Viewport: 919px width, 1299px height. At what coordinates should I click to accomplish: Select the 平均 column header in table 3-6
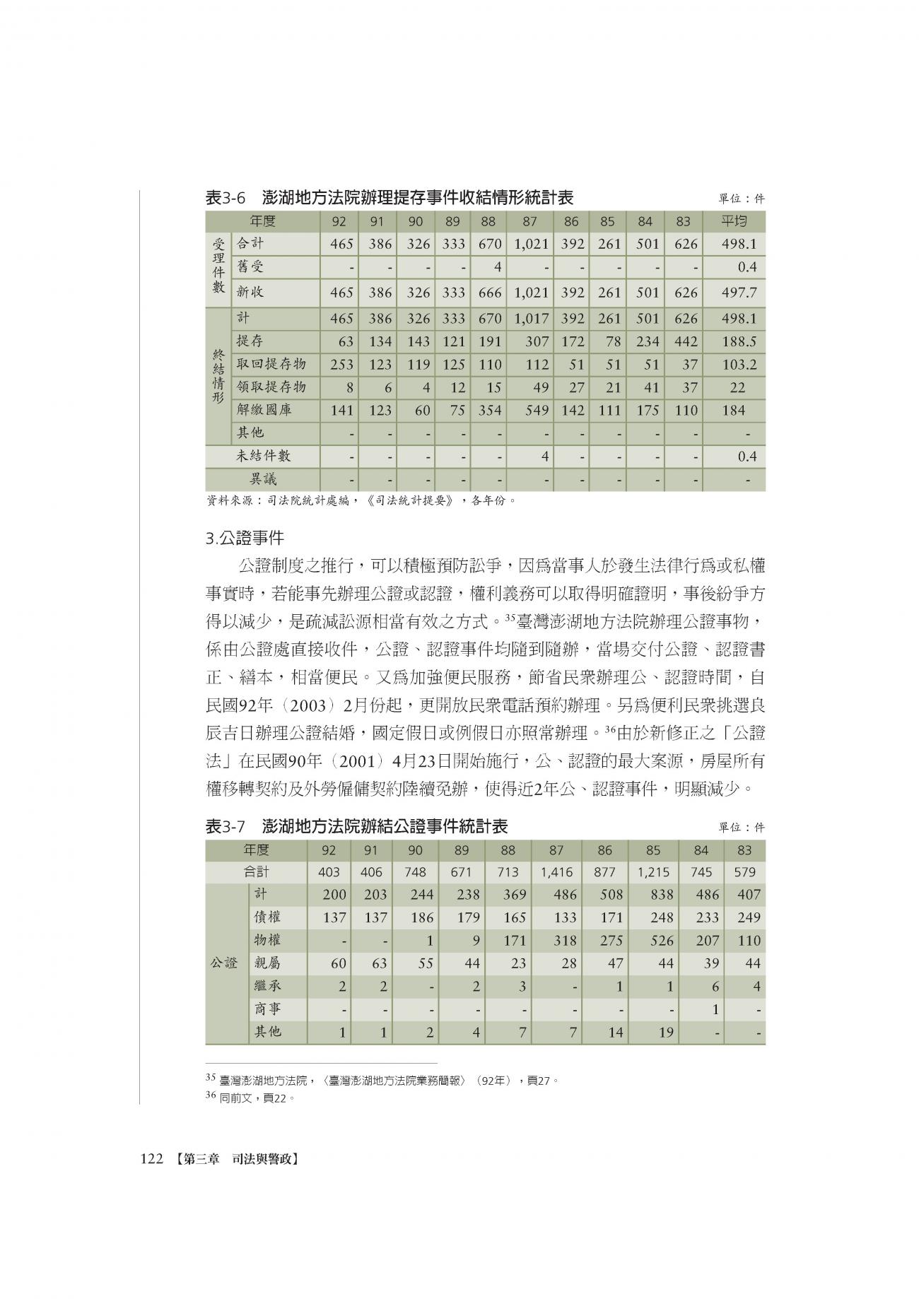(734, 221)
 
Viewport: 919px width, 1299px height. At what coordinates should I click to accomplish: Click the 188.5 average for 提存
(739, 342)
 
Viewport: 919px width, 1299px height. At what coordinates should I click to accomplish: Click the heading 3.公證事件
(245, 539)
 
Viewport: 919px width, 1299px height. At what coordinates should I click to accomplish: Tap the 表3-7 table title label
(225, 826)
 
